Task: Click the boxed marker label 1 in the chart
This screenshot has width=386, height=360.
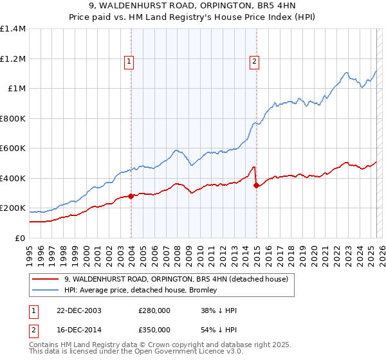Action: click(x=129, y=62)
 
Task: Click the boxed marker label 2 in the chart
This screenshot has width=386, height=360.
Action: click(x=255, y=62)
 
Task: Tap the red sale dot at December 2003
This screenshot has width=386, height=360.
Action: click(x=131, y=197)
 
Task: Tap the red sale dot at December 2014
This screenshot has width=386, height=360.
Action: click(x=256, y=186)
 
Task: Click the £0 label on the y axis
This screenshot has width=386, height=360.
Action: click(x=19, y=238)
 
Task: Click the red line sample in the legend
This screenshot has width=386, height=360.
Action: click(x=46, y=279)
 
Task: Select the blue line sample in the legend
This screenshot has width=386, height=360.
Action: click(x=46, y=290)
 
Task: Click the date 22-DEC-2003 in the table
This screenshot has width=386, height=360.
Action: click(x=75, y=310)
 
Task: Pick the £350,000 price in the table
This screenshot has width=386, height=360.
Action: click(x=154, y=330)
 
